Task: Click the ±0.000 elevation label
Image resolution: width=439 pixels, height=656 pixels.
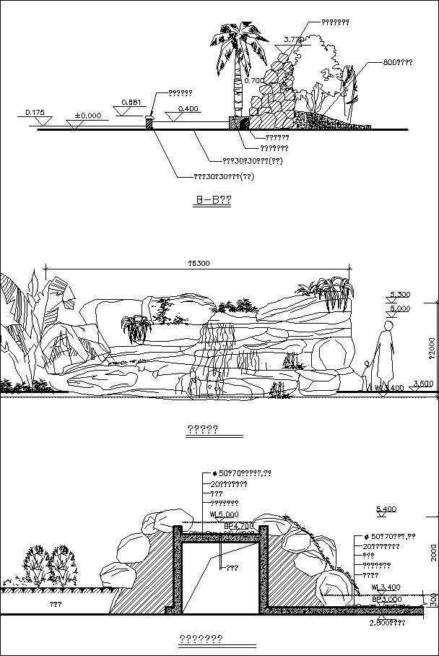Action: pyautogui.click(x=87, y=115)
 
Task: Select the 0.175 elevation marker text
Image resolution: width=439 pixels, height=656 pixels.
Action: pyautogui.click(x=35, y=112)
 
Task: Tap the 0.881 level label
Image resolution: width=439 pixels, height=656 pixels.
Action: pyautogui.click(x=130, y=103)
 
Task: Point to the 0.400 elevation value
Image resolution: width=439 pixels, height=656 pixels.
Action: pyautogui.click(x=188, y=109)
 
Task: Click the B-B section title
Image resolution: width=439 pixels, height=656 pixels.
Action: pyautogui.click(x=213, y=199)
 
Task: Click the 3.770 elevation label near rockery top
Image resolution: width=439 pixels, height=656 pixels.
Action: pyautogui.click(x=293, y=39)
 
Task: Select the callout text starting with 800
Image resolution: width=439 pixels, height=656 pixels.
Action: pyautogui.click(x=388, y=63)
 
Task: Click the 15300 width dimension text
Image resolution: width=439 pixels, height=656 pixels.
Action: pyautogui.click(x=198, y=264)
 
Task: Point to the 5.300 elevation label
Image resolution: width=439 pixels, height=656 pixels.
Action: pyautogui.click(x=399, y=294)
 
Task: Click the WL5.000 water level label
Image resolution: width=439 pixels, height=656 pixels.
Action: pyautogui.click(x=223, y=514)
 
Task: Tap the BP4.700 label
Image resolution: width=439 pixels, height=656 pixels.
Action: pyautogui.click(x=238, y=525)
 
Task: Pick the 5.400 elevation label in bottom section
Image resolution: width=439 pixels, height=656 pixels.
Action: pyautogui.click(x=386, y=509)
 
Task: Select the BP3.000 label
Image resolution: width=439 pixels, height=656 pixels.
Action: pyautogui.click(x=386, y=599)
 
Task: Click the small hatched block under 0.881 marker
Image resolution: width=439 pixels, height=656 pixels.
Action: pyautogui.click(x=150, y=124)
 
